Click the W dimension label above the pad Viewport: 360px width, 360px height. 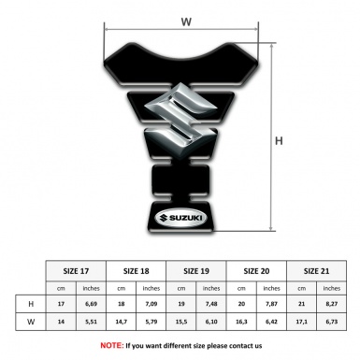pyautogui.click(x=186, y=22)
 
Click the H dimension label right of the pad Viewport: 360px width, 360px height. pyautogui.click(x=279, y=141)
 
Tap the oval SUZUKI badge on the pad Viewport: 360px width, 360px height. pyautogui.click(x=180, y=218)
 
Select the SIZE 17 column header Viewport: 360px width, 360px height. pyautogui.click(x=76, y=271)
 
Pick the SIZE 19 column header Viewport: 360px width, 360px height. pyautogui.click(x=196, y=271)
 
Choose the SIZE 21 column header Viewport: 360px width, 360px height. pyautogui.click(x=316, y=271)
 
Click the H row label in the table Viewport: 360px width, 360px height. pyautogui.click(x=31, y=304)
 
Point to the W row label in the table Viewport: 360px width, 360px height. pyautogui.click(x=31, y=322)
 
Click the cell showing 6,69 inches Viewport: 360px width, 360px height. pyautogui.click(x=91, y=304)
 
